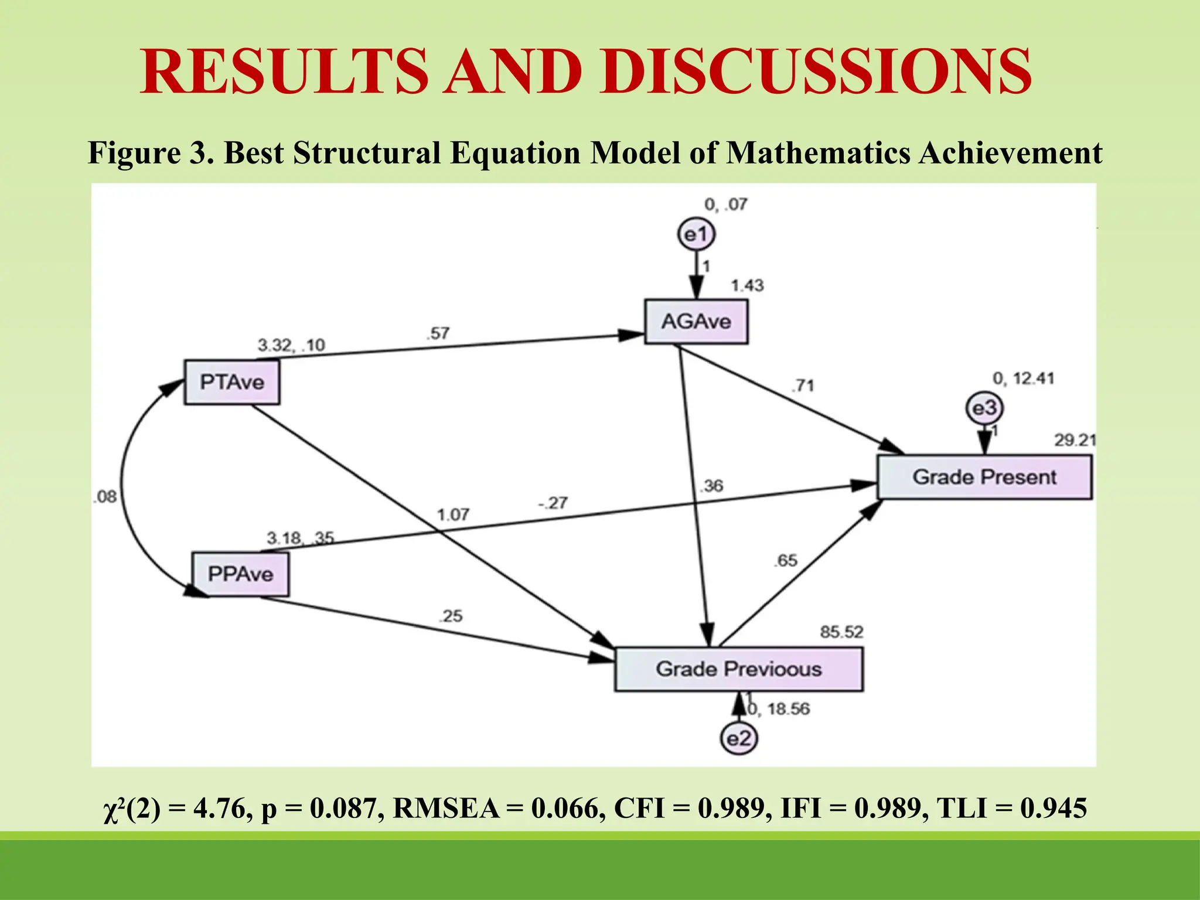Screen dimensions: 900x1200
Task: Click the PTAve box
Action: (232, 382)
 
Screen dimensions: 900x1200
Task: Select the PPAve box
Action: (240, 574)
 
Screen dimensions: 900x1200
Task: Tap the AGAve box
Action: (696, 321)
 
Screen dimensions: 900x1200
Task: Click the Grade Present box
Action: (984, 477)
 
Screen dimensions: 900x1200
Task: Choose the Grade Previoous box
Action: (738, 669)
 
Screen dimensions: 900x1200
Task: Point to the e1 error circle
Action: (696, 235)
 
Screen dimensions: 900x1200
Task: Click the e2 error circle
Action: (738, 738)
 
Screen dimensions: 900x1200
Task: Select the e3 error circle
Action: (984, 408)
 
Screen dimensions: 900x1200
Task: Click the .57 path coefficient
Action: (438, 333)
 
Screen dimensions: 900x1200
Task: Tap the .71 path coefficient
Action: (803, 386)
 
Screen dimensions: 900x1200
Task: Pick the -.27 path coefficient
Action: (553, 503)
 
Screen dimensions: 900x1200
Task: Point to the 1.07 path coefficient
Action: (453, 515)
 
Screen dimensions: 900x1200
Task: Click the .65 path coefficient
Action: (785, 561)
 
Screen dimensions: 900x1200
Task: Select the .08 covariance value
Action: (105, 497)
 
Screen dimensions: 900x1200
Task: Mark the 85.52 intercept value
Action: (841, 632)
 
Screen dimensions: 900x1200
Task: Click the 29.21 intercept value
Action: (1075, 440)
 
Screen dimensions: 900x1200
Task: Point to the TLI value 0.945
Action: (1054, 809)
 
